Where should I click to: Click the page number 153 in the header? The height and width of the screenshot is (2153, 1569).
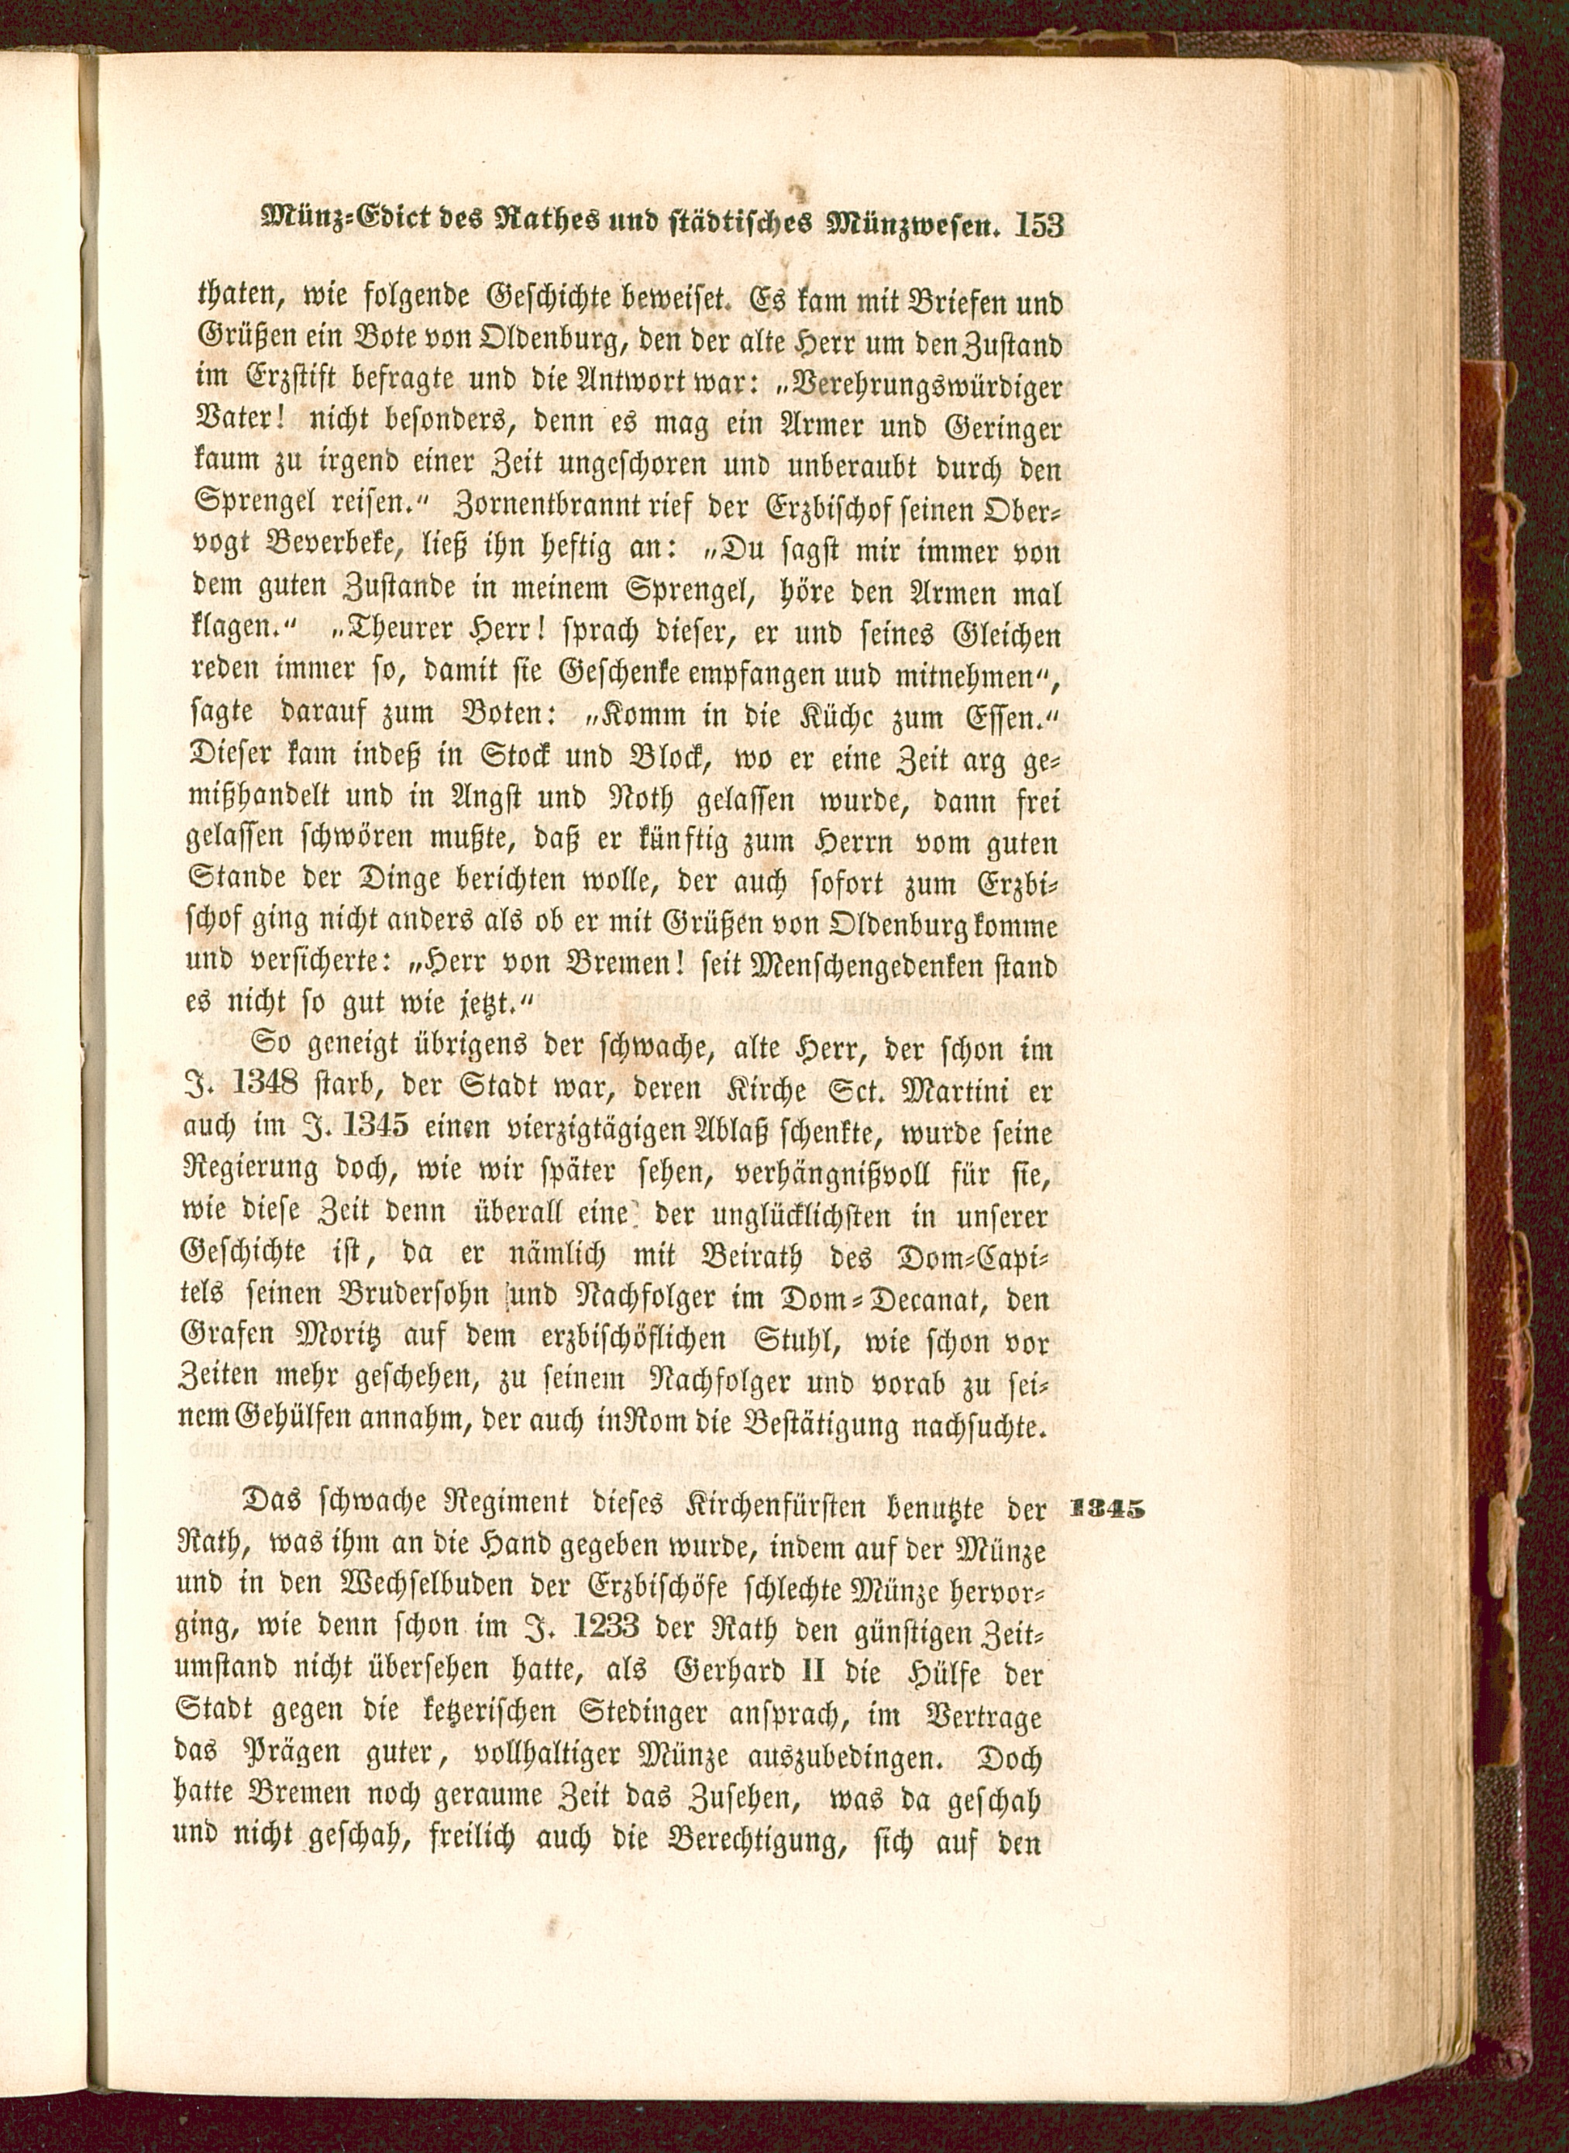coord(1039,225)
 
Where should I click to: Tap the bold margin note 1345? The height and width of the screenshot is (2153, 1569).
coord(1106,1510)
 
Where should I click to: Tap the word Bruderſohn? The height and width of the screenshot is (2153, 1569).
coord(400,1298)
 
